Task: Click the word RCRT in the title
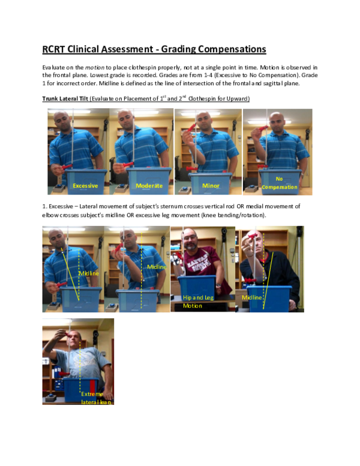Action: pyautogui.click(x=57, y=49)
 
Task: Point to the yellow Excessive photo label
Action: pyautogui.click(x=85, y=186)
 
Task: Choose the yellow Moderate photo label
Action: pyautogui.click(x=149, y=186)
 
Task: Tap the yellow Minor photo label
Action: pyautogui.click(x=211, y=186)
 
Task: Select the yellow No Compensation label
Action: pyautogui.click(x=278, y=183)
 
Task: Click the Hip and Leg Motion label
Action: pyautogui.click(x=197, y=301)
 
